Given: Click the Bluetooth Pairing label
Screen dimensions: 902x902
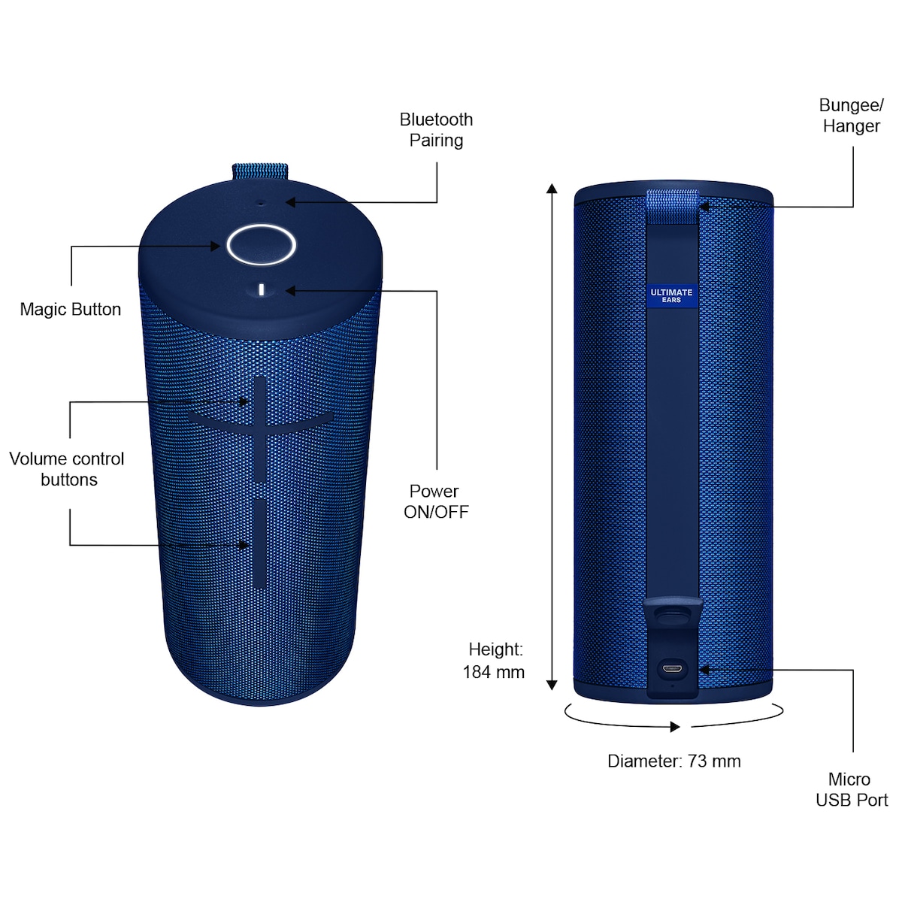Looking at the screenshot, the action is [436, 129].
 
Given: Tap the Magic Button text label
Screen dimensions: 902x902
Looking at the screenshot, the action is [70, 310].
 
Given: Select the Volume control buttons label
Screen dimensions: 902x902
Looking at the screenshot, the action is [67, 469].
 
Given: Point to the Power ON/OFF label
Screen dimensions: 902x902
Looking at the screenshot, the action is [436, 501].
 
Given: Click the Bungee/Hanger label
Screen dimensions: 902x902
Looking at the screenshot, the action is [851, 116].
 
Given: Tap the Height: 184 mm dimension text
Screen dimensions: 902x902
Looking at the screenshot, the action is [494, 661].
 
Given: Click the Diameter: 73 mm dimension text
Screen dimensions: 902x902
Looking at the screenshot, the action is [674, 761].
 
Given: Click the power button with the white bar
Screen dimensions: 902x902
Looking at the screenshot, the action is [261, 289].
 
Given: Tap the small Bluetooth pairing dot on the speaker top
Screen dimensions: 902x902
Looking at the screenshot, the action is [261, 203].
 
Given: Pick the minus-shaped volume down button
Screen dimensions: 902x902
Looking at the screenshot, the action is [259, 543].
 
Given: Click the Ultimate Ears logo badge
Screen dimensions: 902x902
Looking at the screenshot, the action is [671, 296].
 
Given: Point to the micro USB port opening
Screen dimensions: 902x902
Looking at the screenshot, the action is [673, 668].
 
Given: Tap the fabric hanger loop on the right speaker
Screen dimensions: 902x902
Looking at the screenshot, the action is [672, 207].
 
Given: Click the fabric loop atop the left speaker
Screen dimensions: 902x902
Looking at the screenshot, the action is [260, 171].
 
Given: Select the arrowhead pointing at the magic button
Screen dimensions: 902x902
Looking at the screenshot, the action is [215, 247].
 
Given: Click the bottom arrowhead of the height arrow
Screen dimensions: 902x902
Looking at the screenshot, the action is [552, 686].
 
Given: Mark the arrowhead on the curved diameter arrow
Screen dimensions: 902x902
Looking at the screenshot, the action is [674, 726].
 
